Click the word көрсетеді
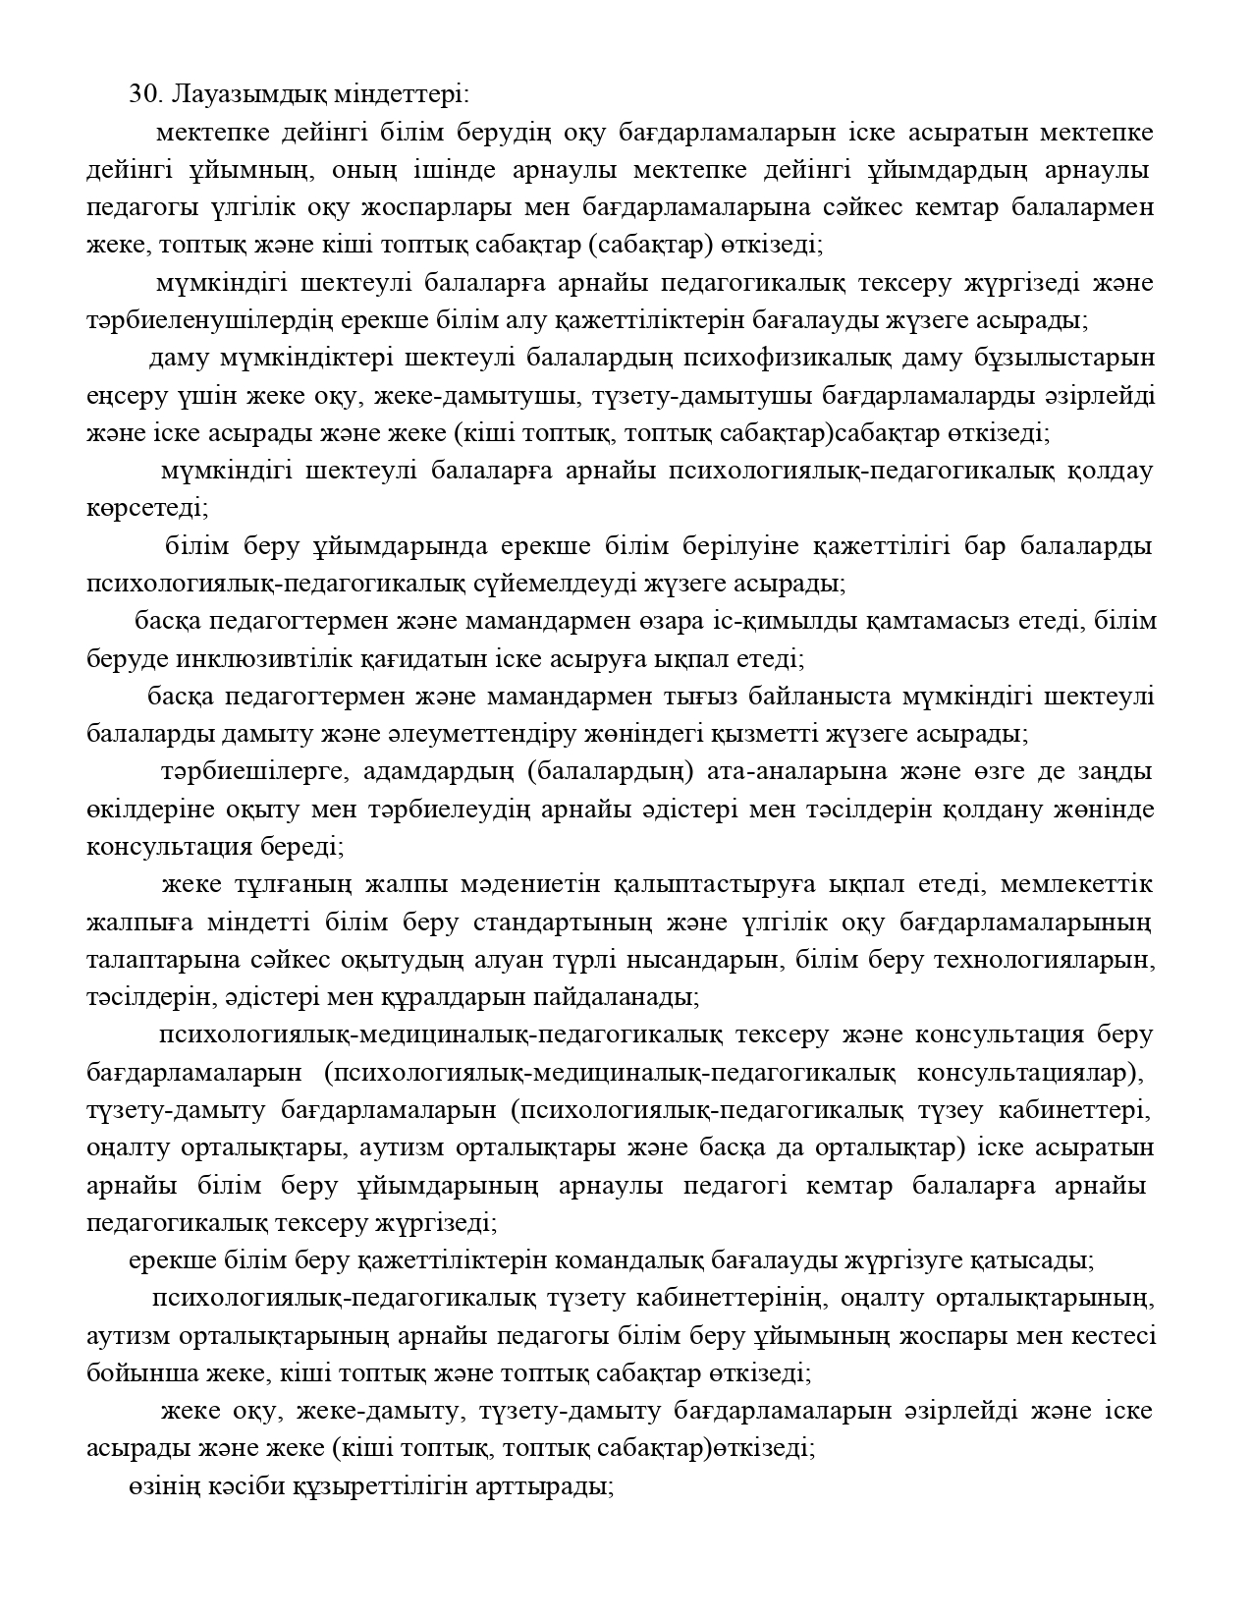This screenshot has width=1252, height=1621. (x=146, y=509)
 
